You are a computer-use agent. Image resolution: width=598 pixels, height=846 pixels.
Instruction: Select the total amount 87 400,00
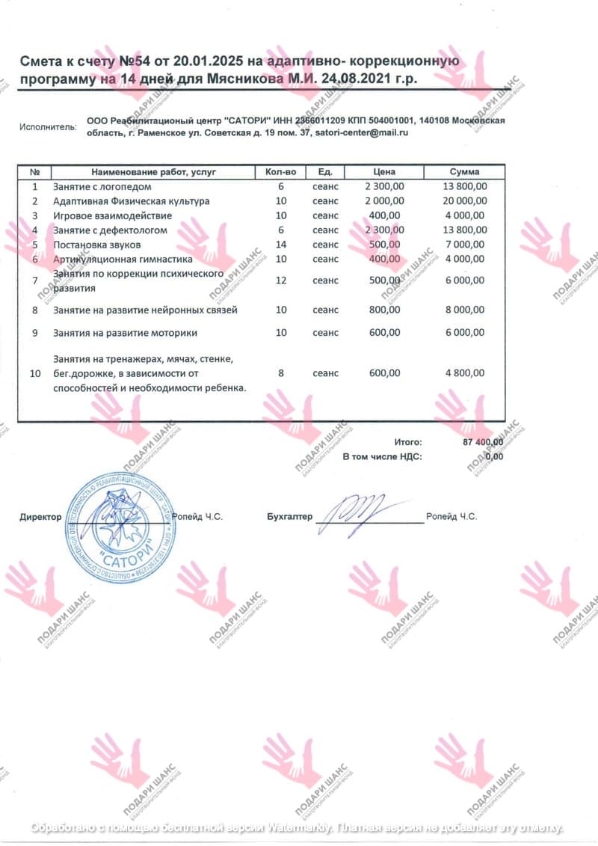coord(483,443)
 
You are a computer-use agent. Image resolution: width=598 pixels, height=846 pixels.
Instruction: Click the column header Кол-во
coord(280,172)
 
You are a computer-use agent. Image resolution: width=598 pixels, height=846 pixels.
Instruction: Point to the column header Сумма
coord(464,172)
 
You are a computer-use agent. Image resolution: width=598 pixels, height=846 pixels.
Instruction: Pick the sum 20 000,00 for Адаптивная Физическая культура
coord(464,201)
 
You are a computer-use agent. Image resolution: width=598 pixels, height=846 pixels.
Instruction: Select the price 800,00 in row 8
coord(384,310)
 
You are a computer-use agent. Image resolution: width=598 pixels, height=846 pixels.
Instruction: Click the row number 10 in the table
coord(34,373)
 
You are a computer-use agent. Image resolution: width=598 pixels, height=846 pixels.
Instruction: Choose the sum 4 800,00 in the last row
coord(464,373)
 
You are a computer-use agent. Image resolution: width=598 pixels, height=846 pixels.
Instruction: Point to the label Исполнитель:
coord(48,127)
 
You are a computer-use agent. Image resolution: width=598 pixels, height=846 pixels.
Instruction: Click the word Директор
coord(40,517)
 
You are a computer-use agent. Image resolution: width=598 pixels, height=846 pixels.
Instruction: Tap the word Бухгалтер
coord(290,517)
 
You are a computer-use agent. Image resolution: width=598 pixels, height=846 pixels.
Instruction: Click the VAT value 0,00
coord(493,456)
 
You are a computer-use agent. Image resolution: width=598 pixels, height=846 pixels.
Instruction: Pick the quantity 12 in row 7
coord(280,281)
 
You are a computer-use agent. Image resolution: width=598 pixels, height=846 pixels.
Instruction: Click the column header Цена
coord(384,172)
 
